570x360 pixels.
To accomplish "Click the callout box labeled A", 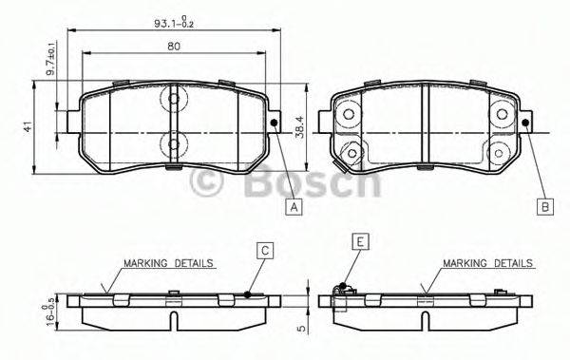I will [294, 206].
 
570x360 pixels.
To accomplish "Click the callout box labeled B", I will [545, 206].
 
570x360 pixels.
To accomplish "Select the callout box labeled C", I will [266, 250].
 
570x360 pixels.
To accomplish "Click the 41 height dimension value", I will [28, 126].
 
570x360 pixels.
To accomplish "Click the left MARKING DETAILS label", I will [167, 262].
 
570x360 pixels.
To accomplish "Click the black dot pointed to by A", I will [274, 122].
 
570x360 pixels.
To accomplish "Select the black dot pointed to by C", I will [248, 294].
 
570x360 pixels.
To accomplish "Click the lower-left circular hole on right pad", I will [354, 151].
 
